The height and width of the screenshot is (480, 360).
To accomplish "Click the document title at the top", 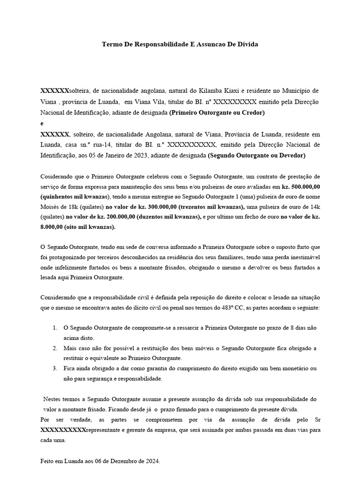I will pyautogui.click(x=180, y=44).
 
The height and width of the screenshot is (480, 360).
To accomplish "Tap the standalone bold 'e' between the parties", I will pyautogui.click(x=42, y=123).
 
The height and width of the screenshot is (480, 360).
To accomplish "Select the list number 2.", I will pyautogui.click(x=55, y=348).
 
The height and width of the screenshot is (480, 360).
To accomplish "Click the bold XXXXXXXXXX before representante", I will pyautogui.click(x=64, y=430).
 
